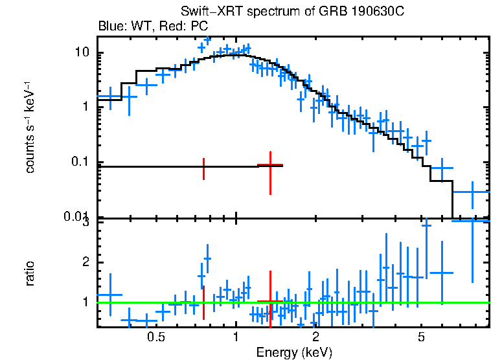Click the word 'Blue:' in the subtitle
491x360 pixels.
tap(111, 27)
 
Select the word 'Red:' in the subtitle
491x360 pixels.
tap(173, 27)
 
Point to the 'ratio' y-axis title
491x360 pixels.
tap(30, 273)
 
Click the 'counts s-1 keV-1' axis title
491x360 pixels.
tap(30, 127)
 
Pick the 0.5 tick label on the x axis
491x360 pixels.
tap(155, 337)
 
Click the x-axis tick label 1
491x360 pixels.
tap(235, 337)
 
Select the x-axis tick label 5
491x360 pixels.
tap(421, 337)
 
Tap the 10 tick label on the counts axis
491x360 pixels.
tap(83, 52)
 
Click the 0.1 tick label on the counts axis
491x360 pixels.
tap(82, 162)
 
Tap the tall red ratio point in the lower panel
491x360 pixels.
tap(270, 301)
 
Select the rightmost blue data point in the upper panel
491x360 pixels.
tap(471, 192)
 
